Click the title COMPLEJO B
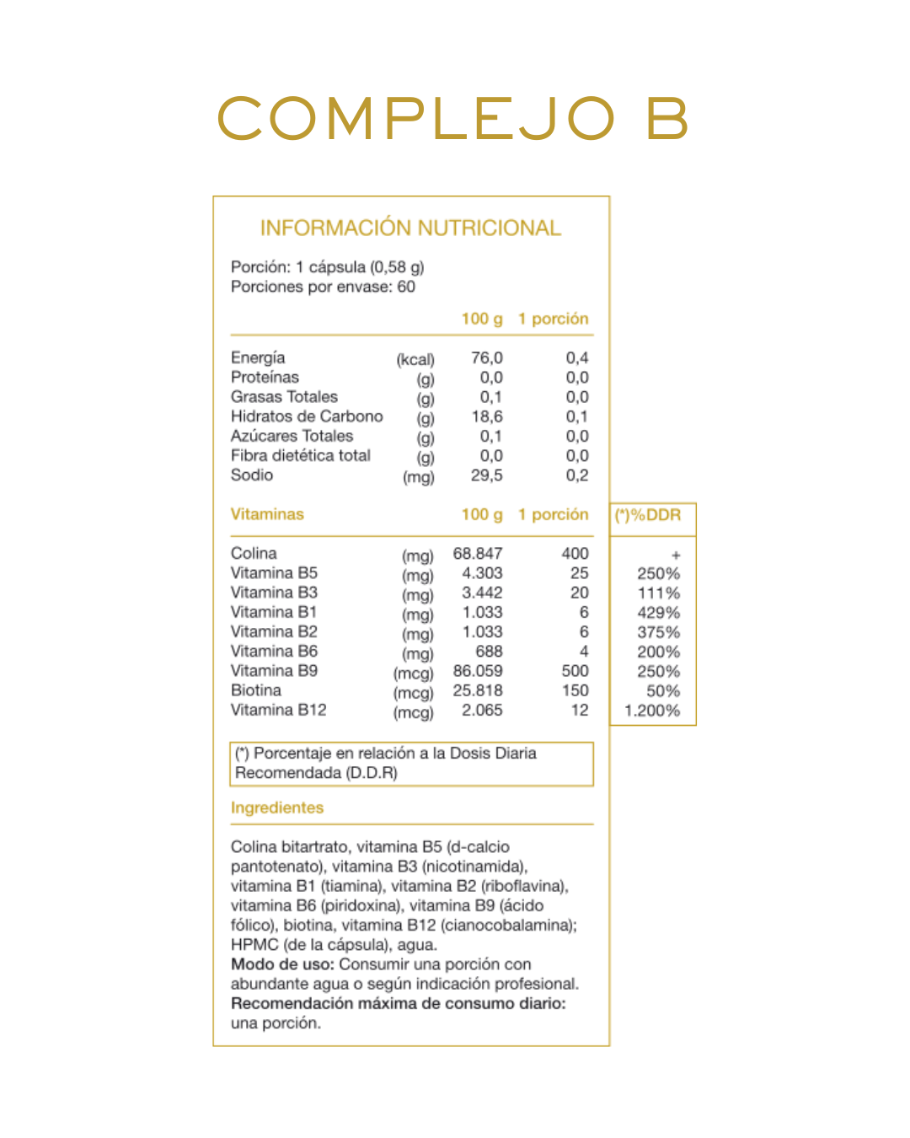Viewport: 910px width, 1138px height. click(453, 118)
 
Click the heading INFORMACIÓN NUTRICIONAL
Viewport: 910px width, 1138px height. click(410, 228)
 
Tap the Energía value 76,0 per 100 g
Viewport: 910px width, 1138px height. click(486, 358)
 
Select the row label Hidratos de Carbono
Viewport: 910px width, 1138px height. click(307, 416)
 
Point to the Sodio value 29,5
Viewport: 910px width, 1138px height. click(486, 475)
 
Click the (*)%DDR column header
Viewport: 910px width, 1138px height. click(648, 515)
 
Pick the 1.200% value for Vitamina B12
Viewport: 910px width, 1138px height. click(652, 711)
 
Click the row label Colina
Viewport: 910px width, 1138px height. click(254, 553)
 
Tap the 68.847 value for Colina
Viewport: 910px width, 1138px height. click(478, 554)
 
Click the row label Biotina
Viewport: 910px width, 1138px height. click(256, 690)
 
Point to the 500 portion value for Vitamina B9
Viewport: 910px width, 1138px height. click(575, 671)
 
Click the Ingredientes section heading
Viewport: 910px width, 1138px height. click(277, 808)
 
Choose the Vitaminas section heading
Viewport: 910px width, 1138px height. click(267, 514)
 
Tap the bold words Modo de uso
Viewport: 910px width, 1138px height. click(282, 964)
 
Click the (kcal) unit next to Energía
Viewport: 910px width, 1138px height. click(415, 360)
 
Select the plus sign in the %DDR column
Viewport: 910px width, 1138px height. click(676, 556)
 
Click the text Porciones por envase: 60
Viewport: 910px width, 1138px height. click(323, 287)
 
